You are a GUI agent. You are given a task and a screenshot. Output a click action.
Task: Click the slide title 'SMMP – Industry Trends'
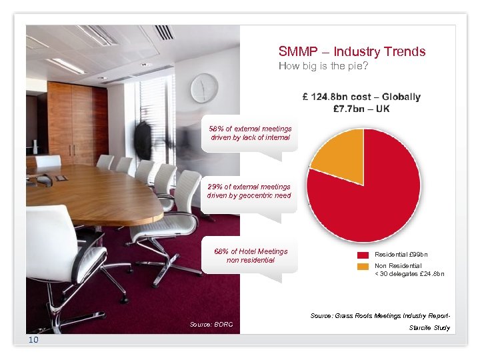pos(352,51)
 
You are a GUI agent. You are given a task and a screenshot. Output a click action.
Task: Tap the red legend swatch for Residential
pos(363,255)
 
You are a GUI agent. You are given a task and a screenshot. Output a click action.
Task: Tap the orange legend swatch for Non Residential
pos(363,266)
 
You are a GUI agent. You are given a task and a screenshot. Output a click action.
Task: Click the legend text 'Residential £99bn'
pos(401,255)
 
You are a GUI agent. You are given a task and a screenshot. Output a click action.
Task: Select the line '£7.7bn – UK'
pos(361,109)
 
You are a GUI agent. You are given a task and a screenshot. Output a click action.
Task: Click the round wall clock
pos(204,88)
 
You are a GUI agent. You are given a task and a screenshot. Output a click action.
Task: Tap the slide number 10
pos(34,341)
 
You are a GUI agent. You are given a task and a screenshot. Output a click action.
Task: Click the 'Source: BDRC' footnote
pos(211,324)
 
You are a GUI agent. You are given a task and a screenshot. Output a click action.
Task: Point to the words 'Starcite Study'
pos(429,327)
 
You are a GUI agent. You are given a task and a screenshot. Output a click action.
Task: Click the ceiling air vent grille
pos(164,32)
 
